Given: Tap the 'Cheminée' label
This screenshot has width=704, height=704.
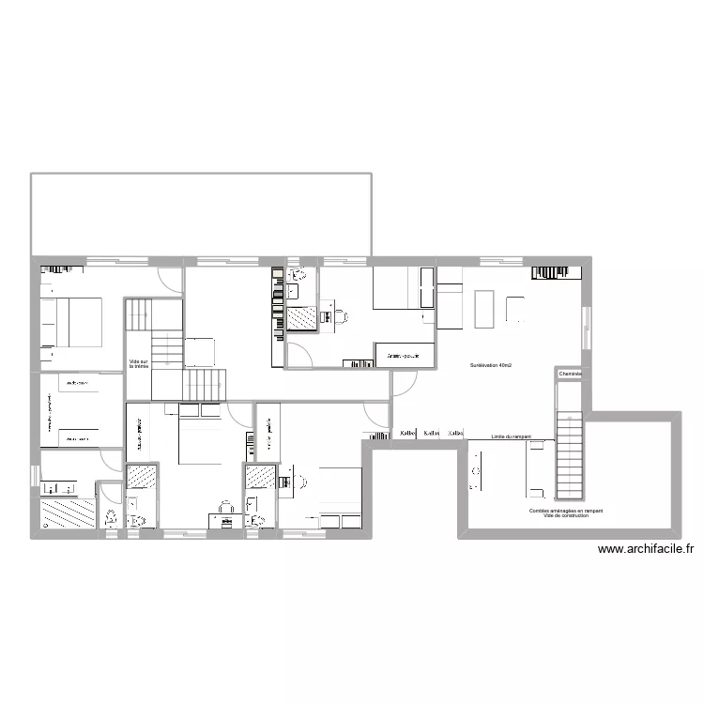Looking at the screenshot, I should click(x=570, y=375).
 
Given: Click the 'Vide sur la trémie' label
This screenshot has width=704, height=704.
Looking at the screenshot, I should click(x=139, y=363).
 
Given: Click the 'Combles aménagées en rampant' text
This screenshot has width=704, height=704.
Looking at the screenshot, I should click(x=566, y=511).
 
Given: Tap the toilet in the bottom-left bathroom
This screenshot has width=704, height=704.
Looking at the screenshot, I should click(x=111, y=517).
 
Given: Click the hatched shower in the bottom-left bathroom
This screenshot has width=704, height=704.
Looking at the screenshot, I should click(x=69, y=514).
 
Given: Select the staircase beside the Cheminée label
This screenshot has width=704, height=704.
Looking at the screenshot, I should click(x=570, y=454).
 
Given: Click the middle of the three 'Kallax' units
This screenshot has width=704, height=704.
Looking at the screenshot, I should click(x=432, y=434).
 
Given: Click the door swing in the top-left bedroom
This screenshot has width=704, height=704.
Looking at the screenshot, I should click(x=169, y=278).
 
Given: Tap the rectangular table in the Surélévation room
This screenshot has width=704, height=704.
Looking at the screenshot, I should click(x=484, y=310).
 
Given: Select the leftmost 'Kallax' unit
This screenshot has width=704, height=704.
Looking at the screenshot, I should click(x=407, y=434).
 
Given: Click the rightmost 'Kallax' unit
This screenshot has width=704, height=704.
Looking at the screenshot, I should click(x=455, y=434).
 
